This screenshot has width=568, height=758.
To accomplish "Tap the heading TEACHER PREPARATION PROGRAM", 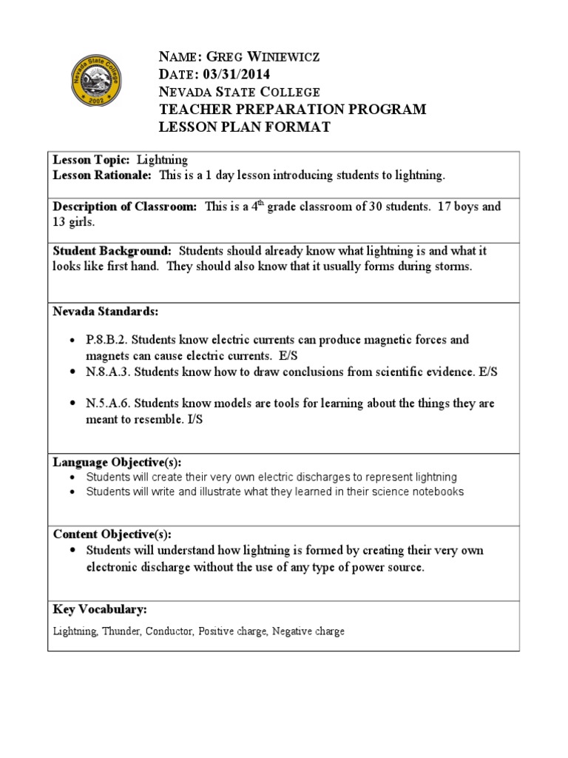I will tap(293, 110).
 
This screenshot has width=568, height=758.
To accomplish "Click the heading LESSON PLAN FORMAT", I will tap(245, 127).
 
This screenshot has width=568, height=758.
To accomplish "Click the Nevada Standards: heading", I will tap(105, 310).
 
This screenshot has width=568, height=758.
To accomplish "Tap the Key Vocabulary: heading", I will tap(99, 609).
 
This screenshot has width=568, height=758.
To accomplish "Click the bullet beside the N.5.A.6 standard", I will tap(72, 404).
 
